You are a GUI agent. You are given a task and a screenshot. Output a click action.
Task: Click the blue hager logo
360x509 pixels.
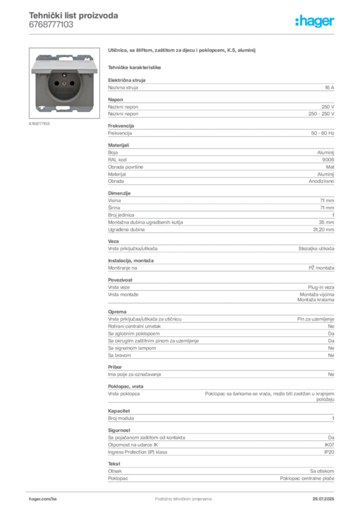315,21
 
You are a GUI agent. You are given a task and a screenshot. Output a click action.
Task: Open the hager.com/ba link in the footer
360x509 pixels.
42,498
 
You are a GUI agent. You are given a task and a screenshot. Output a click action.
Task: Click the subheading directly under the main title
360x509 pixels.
135,67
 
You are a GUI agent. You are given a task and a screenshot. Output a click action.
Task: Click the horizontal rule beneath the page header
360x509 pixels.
183,34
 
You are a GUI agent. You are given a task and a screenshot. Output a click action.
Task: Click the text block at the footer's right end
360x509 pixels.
326,496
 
